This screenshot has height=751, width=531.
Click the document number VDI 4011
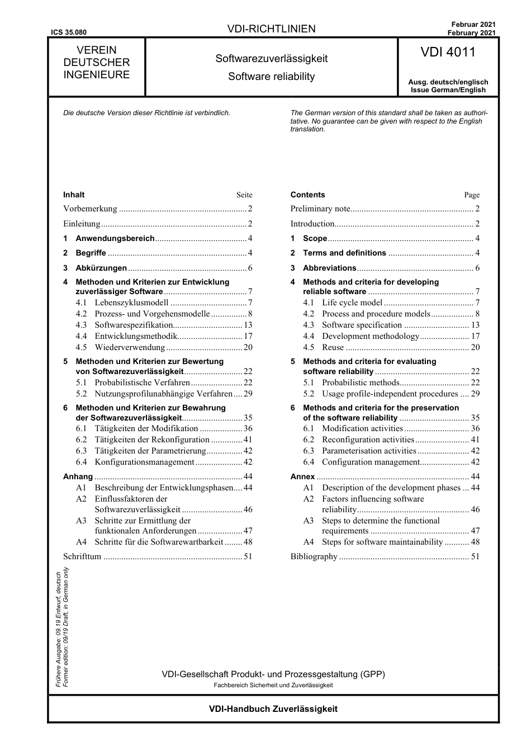click(448, 53)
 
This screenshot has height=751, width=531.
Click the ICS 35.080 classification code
click(69, 32)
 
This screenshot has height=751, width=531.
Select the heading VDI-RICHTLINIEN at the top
click(271, 29)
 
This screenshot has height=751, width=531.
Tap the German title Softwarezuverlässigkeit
click(271, 59)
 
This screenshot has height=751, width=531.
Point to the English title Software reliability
click(271, 77)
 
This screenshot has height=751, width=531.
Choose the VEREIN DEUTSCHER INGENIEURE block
click(96, 63)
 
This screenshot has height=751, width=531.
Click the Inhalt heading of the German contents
click(74, 195)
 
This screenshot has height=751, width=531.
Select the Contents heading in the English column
click(307, 195)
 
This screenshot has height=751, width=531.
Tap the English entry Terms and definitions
click(344, 253)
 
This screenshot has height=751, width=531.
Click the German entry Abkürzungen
click(101, 268)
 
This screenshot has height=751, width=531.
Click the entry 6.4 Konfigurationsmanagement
click(144, 462)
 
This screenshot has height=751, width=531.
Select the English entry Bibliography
click(314, 556)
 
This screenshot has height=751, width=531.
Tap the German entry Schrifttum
click(82, 556)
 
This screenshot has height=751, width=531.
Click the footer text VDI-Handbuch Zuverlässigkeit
click(273, 709)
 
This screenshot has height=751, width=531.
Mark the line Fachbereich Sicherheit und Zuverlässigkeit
click(273, 685)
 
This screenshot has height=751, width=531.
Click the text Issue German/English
click(448, 90)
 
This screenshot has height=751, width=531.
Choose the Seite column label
click(244, 195)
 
